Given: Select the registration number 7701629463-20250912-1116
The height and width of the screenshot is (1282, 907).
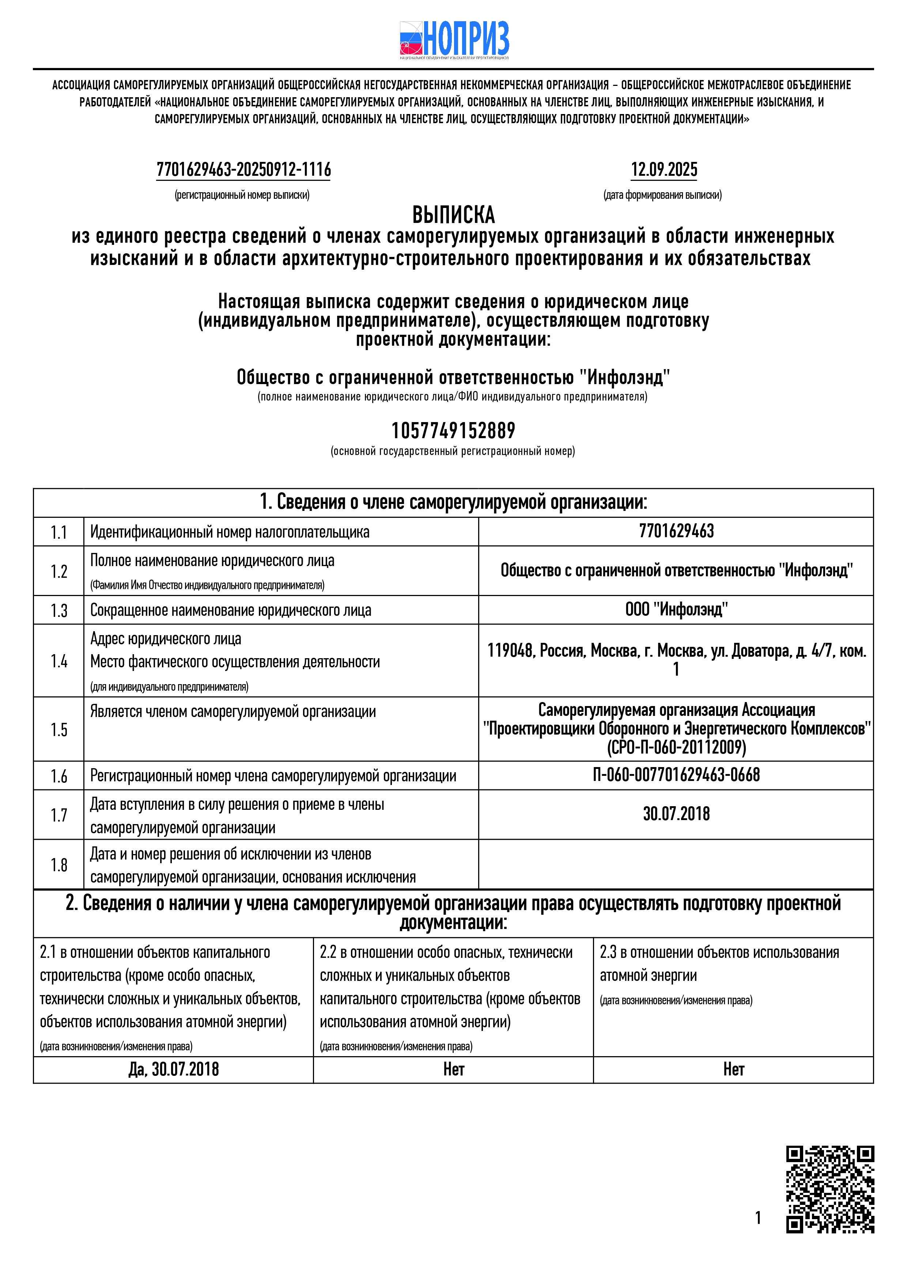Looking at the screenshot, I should point(243,170).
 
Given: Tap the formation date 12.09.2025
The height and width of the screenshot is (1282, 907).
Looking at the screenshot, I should point(664,170).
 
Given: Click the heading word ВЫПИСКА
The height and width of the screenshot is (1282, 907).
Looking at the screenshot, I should point(453,215).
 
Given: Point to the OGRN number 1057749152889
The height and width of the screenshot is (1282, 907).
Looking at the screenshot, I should point(453,431).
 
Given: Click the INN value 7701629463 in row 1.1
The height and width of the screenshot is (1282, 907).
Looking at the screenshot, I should point(676,531).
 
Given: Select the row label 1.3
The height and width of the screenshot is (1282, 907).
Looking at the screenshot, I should point(58,610).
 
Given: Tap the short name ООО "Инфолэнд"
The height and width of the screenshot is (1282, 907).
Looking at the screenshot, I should point(676,609).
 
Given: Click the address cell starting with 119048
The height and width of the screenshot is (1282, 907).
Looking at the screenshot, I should point(676,659).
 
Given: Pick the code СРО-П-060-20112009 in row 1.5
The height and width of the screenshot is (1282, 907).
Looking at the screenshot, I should point(676,747).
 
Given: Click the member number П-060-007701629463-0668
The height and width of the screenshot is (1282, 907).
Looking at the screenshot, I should point(676,775).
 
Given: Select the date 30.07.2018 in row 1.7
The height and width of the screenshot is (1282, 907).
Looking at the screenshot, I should point(676,814).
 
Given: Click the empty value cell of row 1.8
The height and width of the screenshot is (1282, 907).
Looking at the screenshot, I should point(676,864).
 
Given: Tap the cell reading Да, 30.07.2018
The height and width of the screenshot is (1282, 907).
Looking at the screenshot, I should point(174,1069).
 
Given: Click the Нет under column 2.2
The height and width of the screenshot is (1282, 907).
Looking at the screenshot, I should point(453,1069).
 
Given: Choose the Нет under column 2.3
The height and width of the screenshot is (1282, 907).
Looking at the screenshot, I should point(733,1069).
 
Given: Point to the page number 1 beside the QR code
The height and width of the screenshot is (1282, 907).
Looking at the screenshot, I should point(758,1217).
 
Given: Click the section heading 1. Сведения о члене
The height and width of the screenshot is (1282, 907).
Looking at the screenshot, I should point(453,502).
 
